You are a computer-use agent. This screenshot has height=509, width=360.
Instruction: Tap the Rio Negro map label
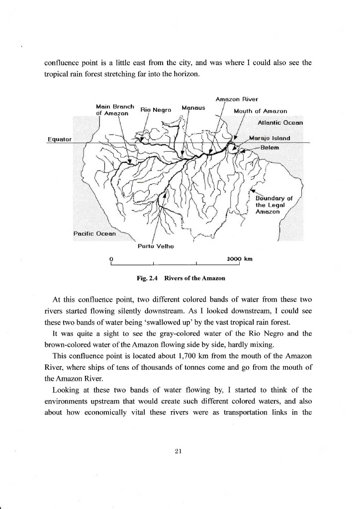[156, 109]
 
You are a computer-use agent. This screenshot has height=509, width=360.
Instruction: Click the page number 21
[180, 451]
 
